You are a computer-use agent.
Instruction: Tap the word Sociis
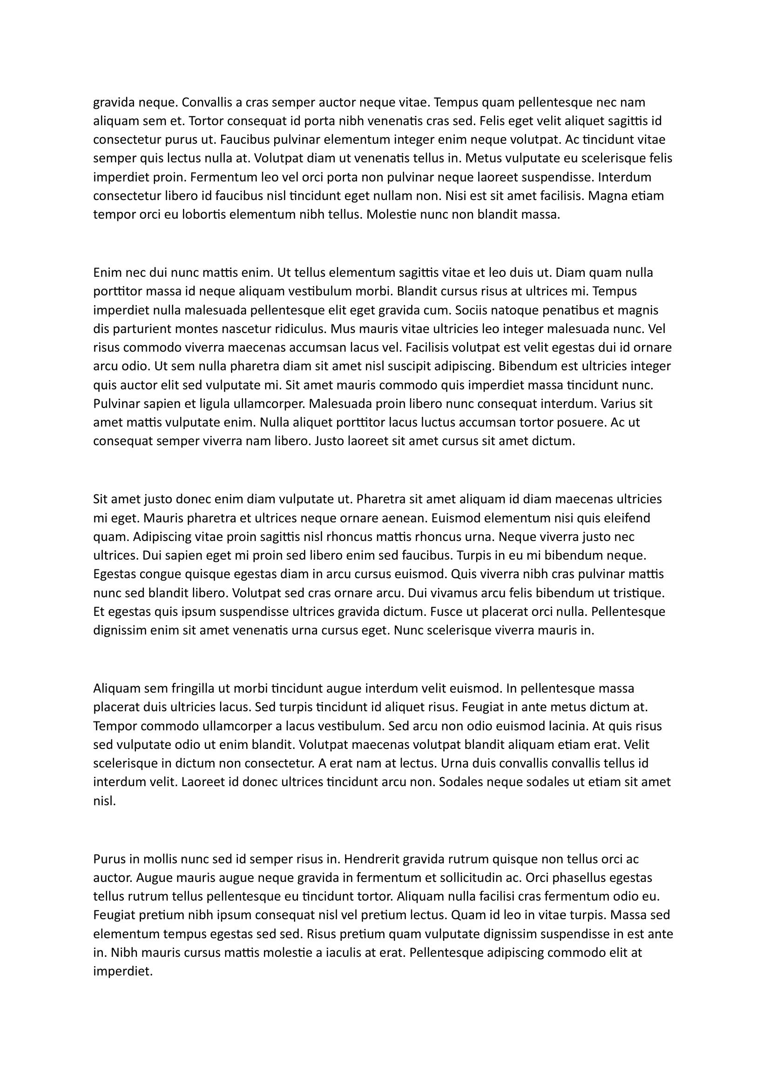[472, 310]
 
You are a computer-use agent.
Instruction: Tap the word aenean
[403, 518]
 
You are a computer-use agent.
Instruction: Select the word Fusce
[446, 612]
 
